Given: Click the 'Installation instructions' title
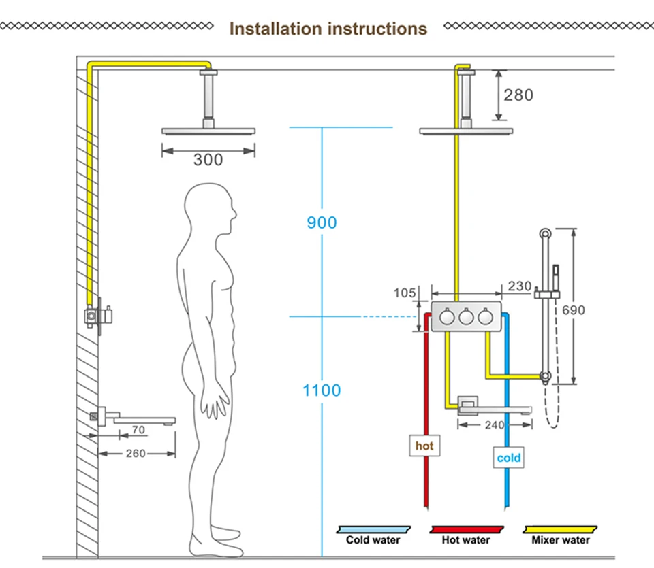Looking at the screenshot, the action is click(x=328, y=29).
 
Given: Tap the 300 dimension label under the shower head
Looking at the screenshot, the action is click(x=208, y=159).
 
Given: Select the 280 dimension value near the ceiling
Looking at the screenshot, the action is click(x=518, y=95).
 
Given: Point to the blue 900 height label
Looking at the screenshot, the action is click(x=322, y=222).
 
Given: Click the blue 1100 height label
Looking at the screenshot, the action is click(x=322, y=390).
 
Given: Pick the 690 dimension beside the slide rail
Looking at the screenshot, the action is click(x=574, y=310).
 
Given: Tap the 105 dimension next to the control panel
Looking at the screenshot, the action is click(x=405, y=293).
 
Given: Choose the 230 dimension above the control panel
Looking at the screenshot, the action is click(x=520, y=286).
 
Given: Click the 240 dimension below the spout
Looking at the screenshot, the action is click(x=495, y=424).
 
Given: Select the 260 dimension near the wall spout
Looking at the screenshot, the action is click(x=136, y=454).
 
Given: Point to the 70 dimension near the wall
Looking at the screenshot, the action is click(x=138, y=430).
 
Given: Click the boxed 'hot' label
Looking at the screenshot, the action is click(x=424, y=446).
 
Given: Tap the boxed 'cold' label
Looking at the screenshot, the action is click(x=509, y=458).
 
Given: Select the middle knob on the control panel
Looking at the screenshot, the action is click(x=466, y=317).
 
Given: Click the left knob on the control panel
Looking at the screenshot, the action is click(x=447, y=317).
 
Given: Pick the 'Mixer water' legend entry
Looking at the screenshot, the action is click(x=561, y=539).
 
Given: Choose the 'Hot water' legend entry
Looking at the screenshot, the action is click(x=466, y=539).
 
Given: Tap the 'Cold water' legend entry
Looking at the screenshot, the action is click(x=373, y=539).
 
